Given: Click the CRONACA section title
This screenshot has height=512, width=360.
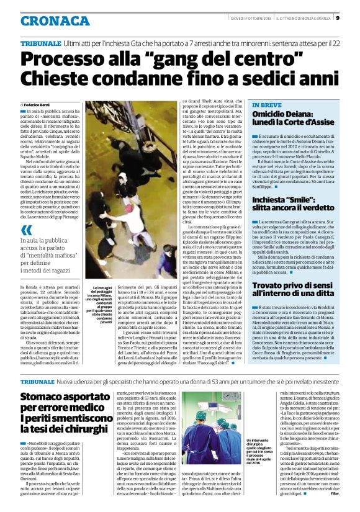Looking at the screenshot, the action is pyautogui.click(x=47, y=20).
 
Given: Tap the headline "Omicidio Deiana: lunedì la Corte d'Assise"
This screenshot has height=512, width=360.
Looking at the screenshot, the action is pyautogui.click(x=294, y=120).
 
